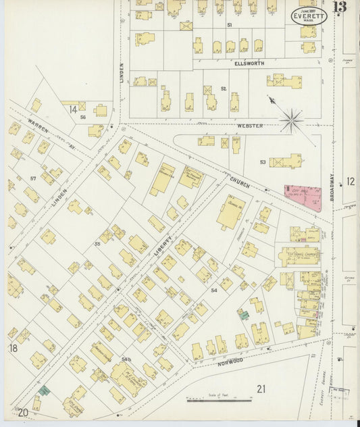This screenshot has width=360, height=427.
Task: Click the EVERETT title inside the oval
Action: pyautogui.click(x=310, y=16)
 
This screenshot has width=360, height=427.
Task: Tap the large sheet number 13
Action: pyautogui.click(x=340, y=7)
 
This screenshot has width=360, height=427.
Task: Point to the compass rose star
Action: pyautogui.click(x=292, y=120)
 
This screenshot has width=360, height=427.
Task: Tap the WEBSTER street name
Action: pyautogui.click(x=249, y=126)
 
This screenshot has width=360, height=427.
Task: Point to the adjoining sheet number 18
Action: pyautogui.click(x=13, y=348)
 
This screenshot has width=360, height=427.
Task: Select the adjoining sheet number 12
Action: pyautogui.click(x=351, y=181)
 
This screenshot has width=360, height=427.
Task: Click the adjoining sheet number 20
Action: pyautogui.click(x=23, y=412)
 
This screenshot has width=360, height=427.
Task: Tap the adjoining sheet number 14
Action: pyautogui.click(x=72, y=109)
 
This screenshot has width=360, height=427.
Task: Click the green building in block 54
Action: pyautogui.click(x=243, y=314)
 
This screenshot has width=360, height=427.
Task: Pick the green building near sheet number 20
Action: pyautogui.click(x=44, y=391)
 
